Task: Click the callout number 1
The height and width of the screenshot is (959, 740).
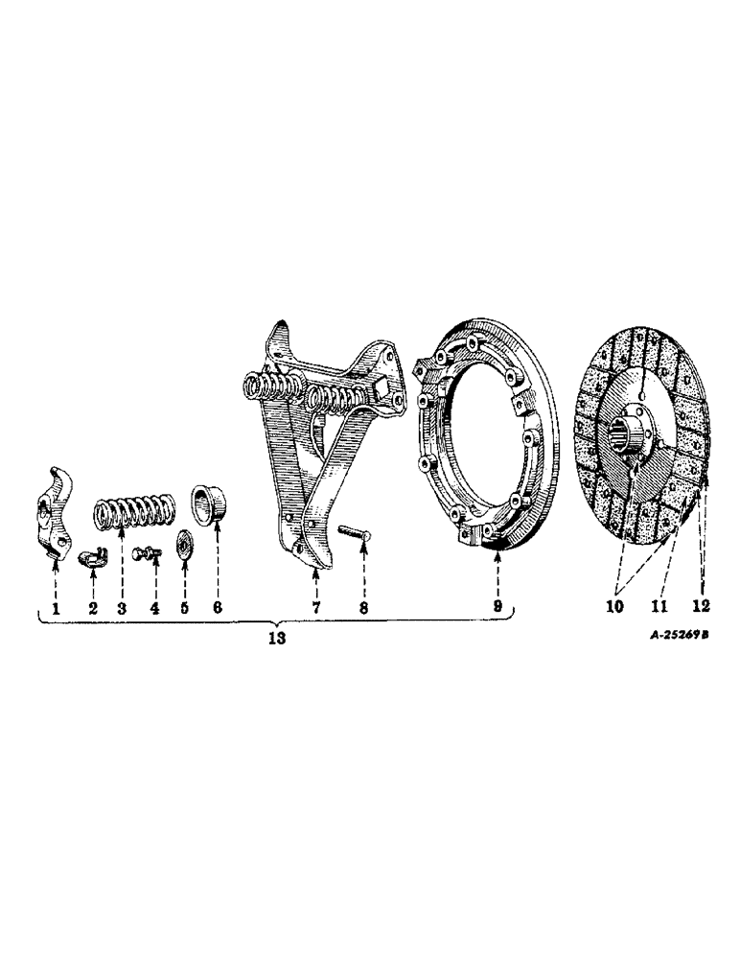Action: tap(56, 609)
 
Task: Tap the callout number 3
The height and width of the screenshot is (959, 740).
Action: tap(122, 609)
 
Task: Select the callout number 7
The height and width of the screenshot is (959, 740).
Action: tap(315, 608)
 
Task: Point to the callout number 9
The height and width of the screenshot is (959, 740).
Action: tap(497, 606)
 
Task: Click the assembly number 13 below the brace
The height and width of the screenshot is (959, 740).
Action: tap(277, 638)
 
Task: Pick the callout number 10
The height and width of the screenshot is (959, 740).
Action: tap(614, 606)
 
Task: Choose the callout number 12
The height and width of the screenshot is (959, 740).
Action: tap(701, 605)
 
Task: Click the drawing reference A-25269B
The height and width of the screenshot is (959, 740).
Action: tap(680, 635)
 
